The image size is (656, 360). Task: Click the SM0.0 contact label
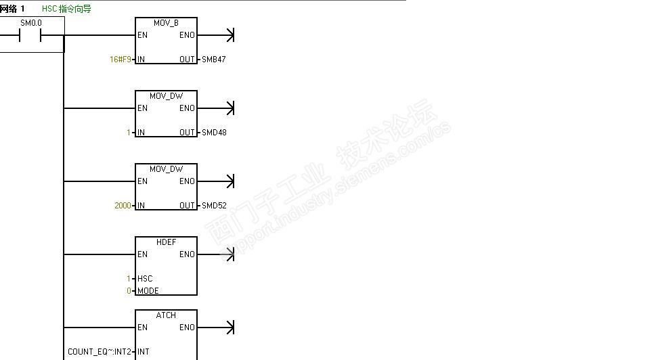[31, 23]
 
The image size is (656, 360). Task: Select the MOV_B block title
[166, 23]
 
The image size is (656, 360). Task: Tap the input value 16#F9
[120, 60]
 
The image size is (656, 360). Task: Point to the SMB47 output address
[214, 60]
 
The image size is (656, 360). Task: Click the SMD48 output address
[214, 133]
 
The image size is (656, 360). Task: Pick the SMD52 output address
[214, 206]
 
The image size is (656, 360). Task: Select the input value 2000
[123, 206]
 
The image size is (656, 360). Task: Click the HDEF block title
[166, 242]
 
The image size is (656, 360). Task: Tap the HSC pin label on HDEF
[145, 279]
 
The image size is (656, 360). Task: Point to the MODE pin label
[148, 291]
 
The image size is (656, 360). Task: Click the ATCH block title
[166, 315]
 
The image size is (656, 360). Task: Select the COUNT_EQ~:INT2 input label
[100, 352]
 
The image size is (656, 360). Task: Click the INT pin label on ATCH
[143, 352]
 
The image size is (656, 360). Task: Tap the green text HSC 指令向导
[66, 9]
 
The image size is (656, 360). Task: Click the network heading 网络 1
[13, 9]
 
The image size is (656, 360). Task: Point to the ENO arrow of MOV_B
[228, 35]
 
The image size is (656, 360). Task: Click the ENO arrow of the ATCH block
[228, 328]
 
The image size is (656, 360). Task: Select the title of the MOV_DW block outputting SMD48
[166, 96]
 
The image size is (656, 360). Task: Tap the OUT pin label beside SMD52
[187, 206]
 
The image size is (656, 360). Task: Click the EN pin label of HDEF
[142, 254]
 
